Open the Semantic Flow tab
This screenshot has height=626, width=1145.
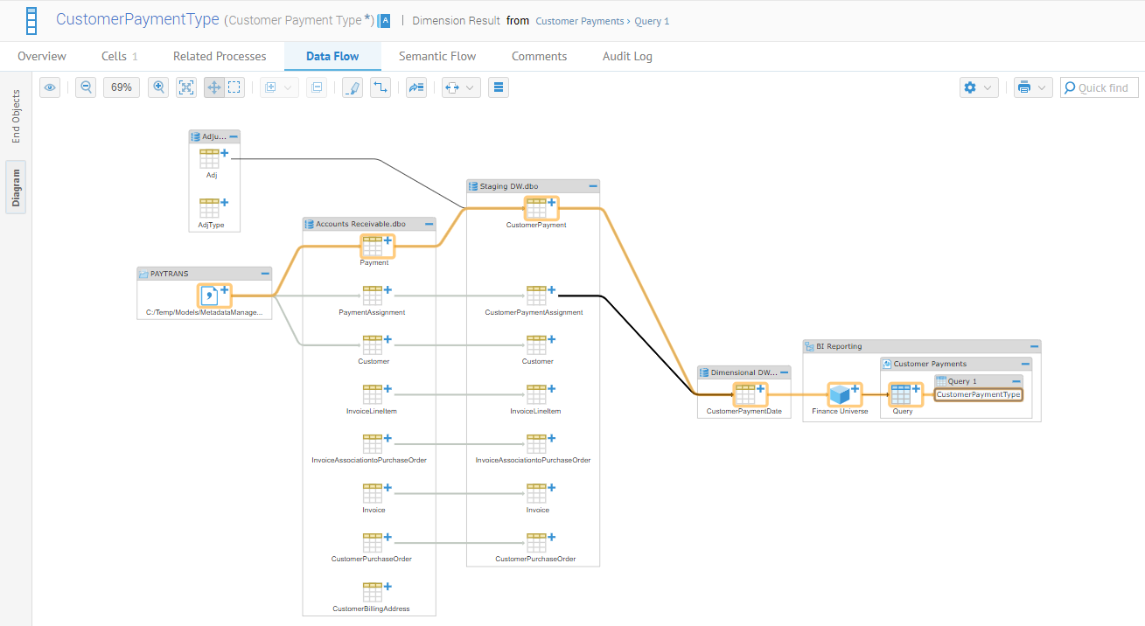437,56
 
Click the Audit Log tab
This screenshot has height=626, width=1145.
627,56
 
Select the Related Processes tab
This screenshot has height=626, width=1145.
220,56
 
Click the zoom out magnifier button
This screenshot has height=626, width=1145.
86,87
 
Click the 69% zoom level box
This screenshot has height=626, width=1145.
122,87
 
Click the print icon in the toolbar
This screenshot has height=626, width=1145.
1024,87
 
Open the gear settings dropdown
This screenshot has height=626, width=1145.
969,87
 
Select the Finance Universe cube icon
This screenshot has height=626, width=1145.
840,395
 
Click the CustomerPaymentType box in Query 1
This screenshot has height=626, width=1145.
978,394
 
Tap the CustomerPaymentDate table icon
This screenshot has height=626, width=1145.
744,395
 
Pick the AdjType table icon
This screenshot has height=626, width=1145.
209,208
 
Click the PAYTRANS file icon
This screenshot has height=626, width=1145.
210,296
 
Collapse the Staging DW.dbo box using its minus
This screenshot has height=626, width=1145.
593,186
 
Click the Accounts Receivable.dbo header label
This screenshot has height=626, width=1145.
360,225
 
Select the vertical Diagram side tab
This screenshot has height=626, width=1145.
16,187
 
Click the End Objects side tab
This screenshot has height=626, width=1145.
16,116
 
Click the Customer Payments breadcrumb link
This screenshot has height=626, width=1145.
579,21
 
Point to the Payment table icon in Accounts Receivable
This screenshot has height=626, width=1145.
373,246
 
